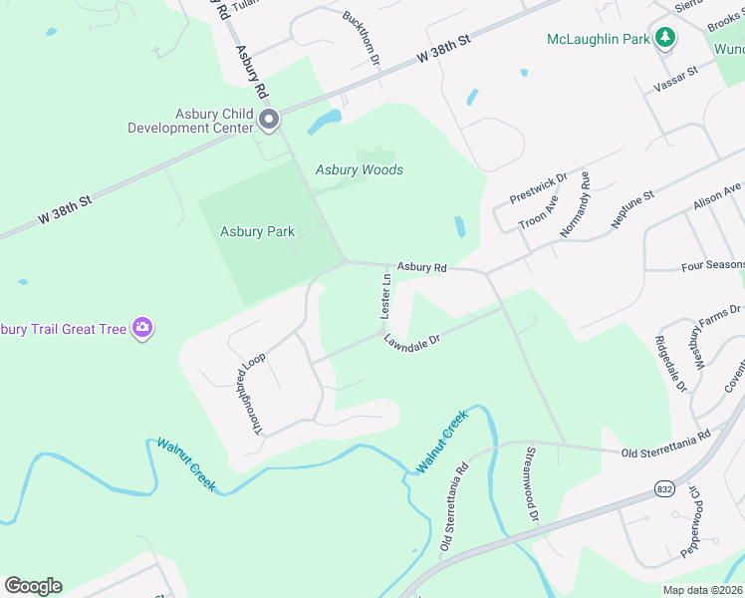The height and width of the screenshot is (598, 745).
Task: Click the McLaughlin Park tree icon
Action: click(x=665, y=39)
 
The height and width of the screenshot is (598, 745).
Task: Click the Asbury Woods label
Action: click(x=360, y=170)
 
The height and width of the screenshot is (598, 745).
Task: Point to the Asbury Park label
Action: click(x=257, y=232)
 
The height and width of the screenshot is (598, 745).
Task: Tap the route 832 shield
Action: click(x=664, y=488)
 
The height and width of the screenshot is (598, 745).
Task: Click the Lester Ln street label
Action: click(x=385, y=296)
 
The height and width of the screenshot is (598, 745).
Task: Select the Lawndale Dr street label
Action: click(x=412, y=340)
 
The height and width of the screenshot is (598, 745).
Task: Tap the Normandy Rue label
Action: click(x=576, y=204)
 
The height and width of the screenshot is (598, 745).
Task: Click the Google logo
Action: click(x=33, y=586)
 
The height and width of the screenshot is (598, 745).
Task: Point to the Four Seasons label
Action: click(x=712, y=266)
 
